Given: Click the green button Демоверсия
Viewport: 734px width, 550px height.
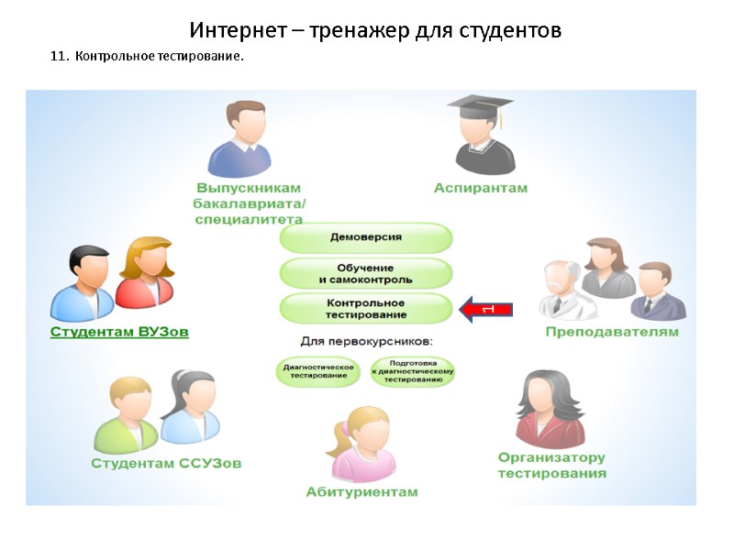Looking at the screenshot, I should (365, 237).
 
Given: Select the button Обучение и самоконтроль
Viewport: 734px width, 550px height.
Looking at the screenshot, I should (365, 272).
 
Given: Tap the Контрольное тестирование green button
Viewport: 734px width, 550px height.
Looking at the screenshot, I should (365, 308).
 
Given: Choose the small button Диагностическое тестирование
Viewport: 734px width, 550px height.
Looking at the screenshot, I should (315, 371).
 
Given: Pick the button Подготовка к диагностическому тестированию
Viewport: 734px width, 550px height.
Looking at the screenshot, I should (413, 371).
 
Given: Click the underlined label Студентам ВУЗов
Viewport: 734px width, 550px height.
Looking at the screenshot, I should (119, 333).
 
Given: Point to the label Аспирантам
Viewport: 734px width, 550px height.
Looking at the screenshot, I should (480, 188).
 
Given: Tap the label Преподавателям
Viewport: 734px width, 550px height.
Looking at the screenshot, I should (612, 332).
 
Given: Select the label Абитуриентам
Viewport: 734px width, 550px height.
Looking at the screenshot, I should (361, 492).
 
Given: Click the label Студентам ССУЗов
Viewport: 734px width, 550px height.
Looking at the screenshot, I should (166, 464).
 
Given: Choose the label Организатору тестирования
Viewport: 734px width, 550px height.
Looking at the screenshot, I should (551, 466).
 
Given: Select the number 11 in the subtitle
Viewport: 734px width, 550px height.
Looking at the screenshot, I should (57, 58).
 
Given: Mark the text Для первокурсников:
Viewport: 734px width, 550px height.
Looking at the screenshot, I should (366, 342).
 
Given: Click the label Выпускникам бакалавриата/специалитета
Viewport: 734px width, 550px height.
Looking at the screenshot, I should (249, 203).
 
